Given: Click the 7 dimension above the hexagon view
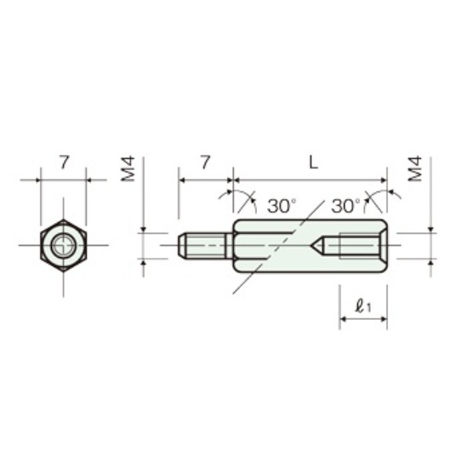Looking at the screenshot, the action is (x=64, y=163).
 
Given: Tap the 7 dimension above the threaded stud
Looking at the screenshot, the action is (x=205, y=163).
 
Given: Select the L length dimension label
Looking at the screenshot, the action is (x=313, y=163).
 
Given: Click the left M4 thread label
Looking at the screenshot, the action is (x=128, y=168).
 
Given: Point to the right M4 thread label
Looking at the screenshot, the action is (x=415, y=168).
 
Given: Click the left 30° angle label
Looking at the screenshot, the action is (x=282, y=206).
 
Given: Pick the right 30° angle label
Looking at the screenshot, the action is (x=345, y=206).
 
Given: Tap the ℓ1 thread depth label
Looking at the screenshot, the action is (x=363, y=306).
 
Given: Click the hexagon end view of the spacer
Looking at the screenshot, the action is (x=64, y=245).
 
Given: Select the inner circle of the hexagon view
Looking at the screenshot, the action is (x=63, y=245).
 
